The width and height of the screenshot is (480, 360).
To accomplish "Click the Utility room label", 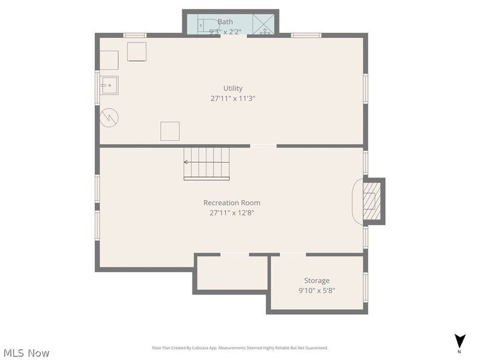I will pyautogui.click(x=233, y=88).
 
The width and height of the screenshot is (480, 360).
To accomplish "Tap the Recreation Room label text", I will pyautogui.click(x=232, y=203).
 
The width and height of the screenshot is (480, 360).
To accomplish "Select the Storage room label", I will pyautogui.click(x=316, y=280).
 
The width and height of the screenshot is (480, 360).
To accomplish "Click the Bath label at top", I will pyautogui.click(x=225, y=22).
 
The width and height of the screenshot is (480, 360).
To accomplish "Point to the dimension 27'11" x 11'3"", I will pyautogui.click(x=233, y=98).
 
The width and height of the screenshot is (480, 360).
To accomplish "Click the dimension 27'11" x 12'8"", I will pyautogui.click(x=232, y=212).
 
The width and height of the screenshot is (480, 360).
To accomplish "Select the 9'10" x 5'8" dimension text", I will pyautogui.click(x=316, y=290).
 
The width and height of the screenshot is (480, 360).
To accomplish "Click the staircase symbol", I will pyautogui.click(x=206, y=163).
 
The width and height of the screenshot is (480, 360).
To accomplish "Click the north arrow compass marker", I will pyautogui.click(x=459, y=341).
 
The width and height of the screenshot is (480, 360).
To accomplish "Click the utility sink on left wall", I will pyautogui.click(x=109, y=86).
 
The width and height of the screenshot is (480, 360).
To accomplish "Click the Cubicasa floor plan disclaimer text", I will pyautogui.click(x=239, y=348).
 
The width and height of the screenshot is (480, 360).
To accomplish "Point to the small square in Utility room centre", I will pyautogui.click(x=170, y=131).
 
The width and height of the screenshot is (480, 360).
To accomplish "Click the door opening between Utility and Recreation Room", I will pyautogui.click(x=263, y=146).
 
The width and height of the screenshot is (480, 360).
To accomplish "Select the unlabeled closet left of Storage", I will pyautogui.click(x=231, y=273).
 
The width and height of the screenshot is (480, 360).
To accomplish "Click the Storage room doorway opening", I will pyautogui.click(x=293, y=255).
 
